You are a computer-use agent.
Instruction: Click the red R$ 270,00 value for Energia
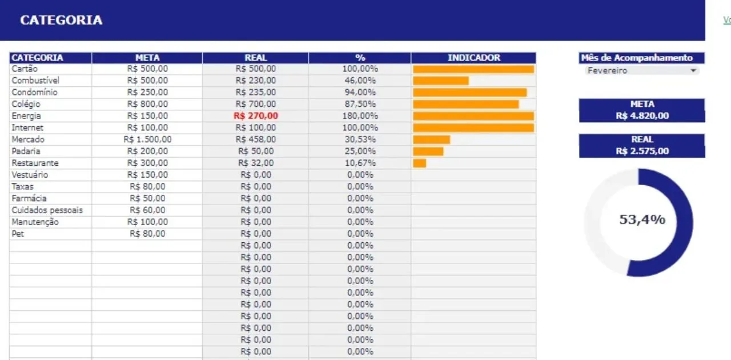[256, 115]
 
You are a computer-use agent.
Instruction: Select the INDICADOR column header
[473, 58]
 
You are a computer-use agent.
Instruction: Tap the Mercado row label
[28, 139]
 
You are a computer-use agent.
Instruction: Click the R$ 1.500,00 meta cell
[147, 139]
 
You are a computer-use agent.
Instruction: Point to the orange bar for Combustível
[440, 81]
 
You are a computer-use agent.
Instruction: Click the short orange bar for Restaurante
[419, 163]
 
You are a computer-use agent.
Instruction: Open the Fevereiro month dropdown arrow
[693, 71]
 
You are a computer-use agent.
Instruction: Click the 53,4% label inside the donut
[642, 219]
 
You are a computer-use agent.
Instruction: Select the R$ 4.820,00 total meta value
[642, 116]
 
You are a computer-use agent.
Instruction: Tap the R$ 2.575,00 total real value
[642, 151]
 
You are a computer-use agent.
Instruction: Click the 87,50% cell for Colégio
[360, 104]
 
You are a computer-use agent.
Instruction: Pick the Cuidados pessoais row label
[47, 210]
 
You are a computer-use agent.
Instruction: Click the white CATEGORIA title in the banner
[61, 20]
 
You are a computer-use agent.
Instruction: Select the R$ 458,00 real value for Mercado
[256, 139]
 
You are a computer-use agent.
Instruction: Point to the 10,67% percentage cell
[360, 163]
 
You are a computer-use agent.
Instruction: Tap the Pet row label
[17, 234]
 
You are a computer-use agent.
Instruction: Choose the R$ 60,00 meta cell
[147, 210]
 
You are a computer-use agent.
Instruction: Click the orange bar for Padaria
[428, 151]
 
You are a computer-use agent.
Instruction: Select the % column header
[360, 58]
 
